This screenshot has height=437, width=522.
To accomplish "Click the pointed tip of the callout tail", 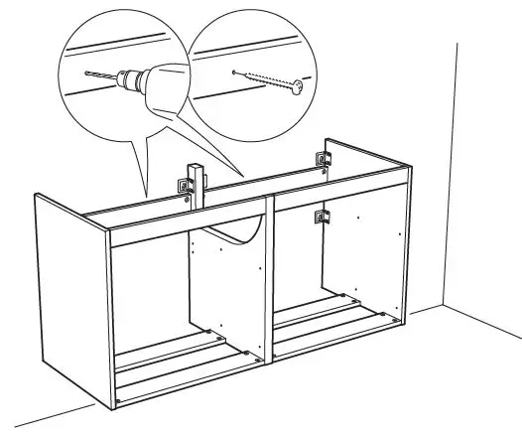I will click(x=145, y=195).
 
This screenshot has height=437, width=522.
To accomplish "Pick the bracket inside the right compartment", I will click(x=320, y=218).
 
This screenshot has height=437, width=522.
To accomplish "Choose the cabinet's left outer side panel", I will click(x=69, y=298).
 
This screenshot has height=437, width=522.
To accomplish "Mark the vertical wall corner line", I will click(x=456, y=169).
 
